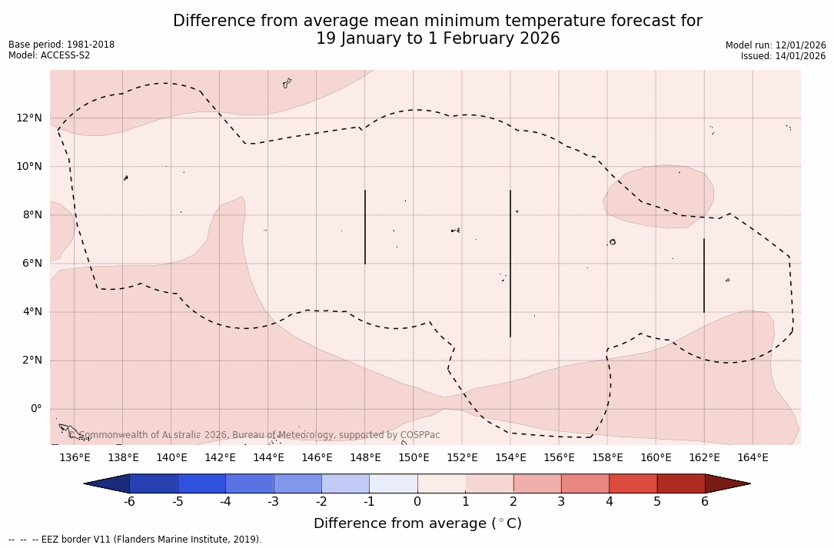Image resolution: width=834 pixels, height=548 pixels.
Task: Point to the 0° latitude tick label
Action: [x=35, y=409]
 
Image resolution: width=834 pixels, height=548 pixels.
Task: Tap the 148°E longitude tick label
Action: [x=365, y=457]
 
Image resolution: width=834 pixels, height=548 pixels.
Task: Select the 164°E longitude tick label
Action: [x=753, y=457]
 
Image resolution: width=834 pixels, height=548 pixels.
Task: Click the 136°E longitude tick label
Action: [x=75, y=457]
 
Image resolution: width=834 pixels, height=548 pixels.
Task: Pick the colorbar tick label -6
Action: [x=129, y=502]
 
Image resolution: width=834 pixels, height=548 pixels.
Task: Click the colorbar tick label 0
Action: [x=417, y=502]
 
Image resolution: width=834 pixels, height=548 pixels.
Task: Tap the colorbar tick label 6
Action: [x=705, y=502]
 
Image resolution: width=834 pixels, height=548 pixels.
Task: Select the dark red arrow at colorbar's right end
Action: [x=726, y=483]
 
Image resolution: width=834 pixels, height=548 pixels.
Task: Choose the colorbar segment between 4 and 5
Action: [x=633, y=483]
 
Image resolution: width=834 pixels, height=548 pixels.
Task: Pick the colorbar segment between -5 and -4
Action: [x=202, y=483]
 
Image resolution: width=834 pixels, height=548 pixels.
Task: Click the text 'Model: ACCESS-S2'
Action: [x=49, y=55]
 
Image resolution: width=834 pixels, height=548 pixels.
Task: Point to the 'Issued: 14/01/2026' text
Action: [x=783, y=56]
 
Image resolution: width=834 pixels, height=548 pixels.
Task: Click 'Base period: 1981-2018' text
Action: [x=61, y=45]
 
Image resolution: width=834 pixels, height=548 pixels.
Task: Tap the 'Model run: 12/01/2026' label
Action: [x=776, y=45]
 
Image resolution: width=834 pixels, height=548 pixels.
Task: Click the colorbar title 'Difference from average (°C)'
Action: [x=417, y=523]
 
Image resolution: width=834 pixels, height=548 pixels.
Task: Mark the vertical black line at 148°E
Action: [x=365, y=227]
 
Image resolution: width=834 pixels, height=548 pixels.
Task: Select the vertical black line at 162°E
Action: [x=704, y=275]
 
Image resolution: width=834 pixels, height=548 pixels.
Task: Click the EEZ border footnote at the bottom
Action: [x=135, y=540]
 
